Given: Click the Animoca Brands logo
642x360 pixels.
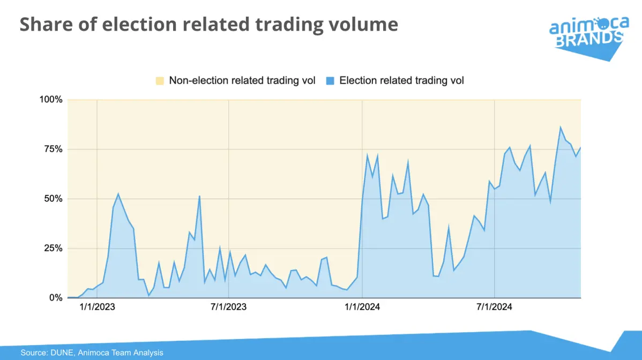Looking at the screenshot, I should coord(587,36).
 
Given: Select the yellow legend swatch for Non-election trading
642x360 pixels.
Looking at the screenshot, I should coord(160,81).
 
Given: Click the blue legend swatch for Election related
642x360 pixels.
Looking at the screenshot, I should coord(330,81).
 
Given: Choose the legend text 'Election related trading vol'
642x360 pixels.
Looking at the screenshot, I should coord(401,81).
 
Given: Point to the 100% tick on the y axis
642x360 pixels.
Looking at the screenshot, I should coord(51,100).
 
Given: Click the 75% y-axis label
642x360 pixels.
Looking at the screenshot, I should coord(53,149).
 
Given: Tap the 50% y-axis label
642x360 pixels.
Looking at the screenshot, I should coord(53,199).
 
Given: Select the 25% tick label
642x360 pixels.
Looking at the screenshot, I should coord(53,248).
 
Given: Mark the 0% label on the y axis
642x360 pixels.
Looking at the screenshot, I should coord(56,298).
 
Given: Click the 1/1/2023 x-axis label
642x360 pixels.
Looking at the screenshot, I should coord(97,307).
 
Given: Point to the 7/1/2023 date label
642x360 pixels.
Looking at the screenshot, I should coord(229,307).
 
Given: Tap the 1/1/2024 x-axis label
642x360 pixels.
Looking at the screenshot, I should coord(362,307).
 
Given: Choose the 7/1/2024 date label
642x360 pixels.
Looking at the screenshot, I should coord(494,307).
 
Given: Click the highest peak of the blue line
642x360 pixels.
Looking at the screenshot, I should coord(561,127).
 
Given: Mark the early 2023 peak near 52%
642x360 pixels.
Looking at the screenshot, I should coord(118,194).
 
